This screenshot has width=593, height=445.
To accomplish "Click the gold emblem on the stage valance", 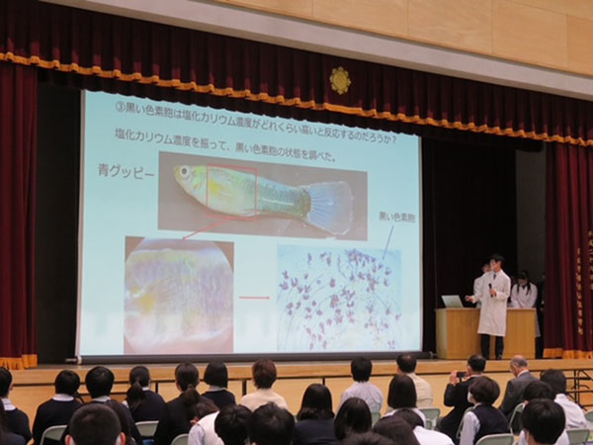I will tap(340, 80).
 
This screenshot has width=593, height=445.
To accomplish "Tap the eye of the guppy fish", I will tap(183, 173).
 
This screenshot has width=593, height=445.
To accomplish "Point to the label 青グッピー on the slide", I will tap(128, 169).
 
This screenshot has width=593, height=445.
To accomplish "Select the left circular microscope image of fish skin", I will tap(179, 295).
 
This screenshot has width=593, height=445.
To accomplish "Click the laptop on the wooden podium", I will tap(453, 301).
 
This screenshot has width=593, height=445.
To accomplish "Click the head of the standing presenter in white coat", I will tap(496, 263).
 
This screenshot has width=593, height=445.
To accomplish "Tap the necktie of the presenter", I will tap(493, 291).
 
